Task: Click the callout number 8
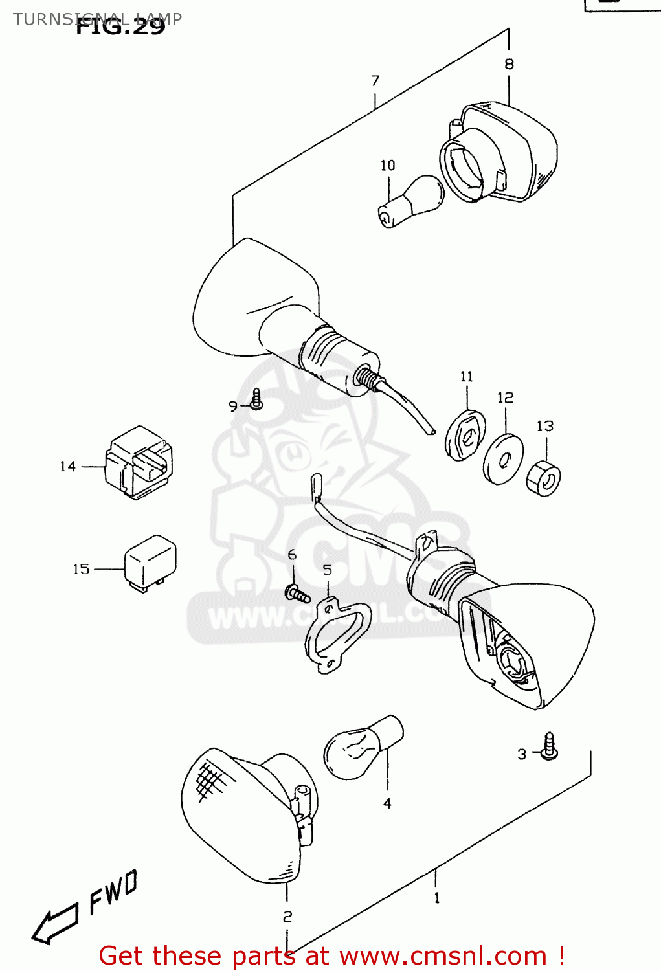509,64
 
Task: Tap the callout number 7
375,81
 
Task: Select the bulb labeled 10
411,201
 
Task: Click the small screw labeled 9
256,400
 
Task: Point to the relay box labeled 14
139,462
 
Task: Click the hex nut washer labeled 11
465,435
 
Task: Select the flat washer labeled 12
504,459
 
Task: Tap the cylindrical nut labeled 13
543,478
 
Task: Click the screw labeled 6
298,593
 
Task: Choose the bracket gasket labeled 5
337,635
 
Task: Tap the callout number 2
287,917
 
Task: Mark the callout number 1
437,898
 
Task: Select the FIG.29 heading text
120,27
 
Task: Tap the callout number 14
67,467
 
